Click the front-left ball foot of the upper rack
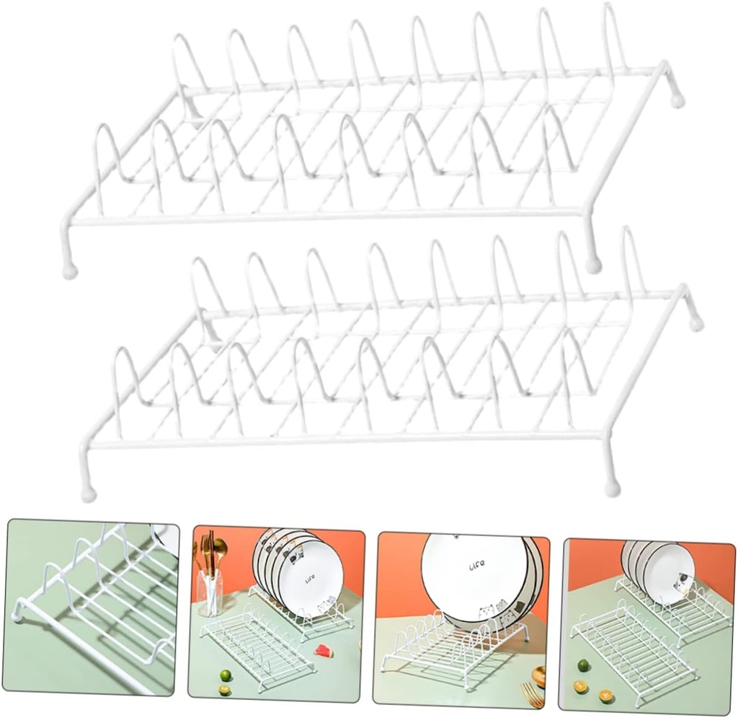(x=70, y=271)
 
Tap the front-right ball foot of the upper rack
(x=593, y=266)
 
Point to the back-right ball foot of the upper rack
(x=677, y=101)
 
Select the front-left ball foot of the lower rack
(x=88, y=494)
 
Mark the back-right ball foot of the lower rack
(x=696, y=324)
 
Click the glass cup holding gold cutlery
(x=210, y=592)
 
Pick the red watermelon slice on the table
(x=323, y=651)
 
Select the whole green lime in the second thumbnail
(x=226, y=675)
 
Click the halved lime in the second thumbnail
(x=225, y=691)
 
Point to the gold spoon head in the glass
(x=220, y=548)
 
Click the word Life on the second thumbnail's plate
(x=310, y=579)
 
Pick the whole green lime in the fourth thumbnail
(x=583, y=665)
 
